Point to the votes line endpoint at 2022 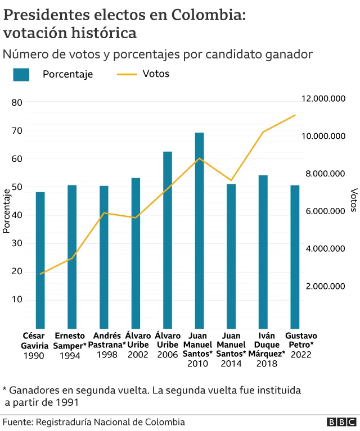[295, 115]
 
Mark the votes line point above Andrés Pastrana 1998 [104, 213]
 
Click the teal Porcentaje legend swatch [21, 74]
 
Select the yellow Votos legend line [126, 74]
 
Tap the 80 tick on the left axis [16, 102]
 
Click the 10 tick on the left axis [16, 300]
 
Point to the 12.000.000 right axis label [323, 98]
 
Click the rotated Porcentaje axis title [7, 211]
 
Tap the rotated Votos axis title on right [353, 200]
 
